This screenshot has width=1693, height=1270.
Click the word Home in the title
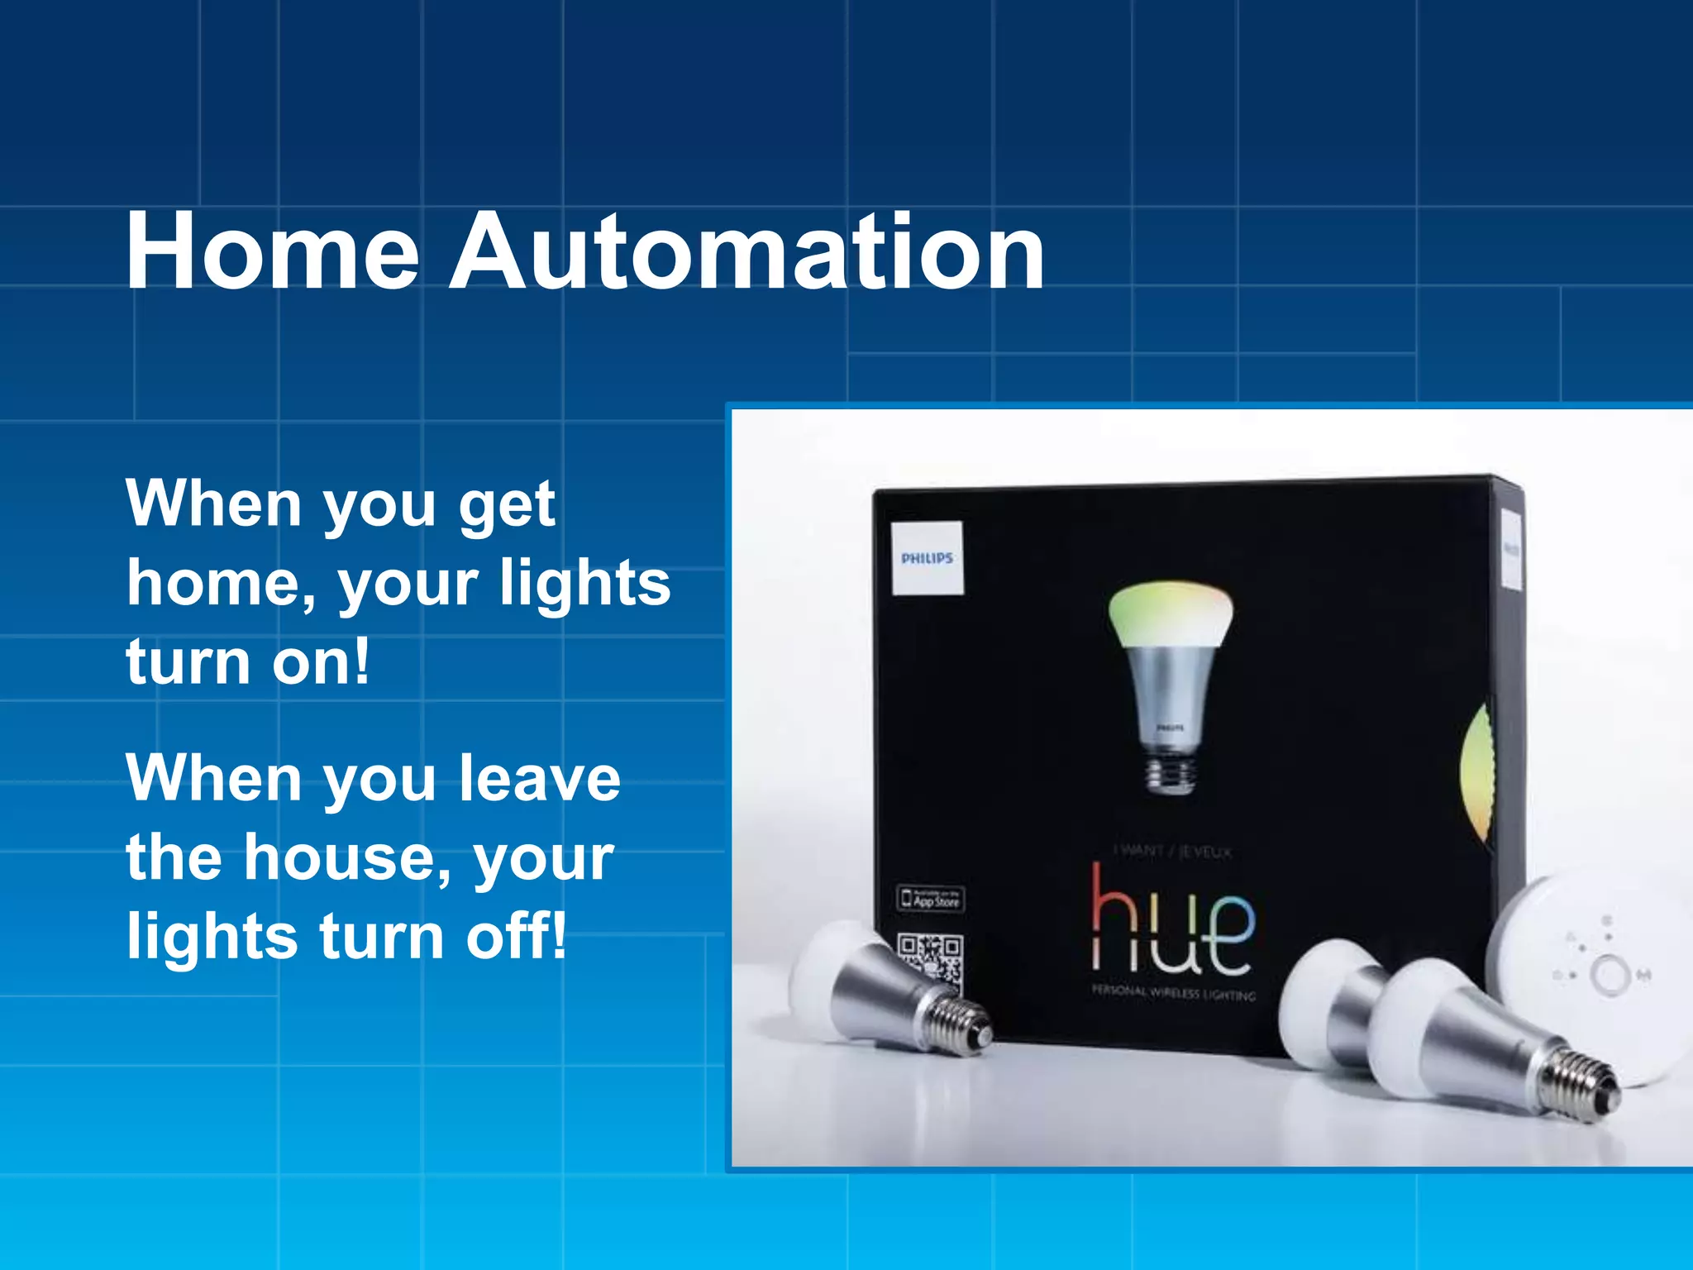pos(273,252)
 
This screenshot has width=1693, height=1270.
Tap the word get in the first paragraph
pos(507,506)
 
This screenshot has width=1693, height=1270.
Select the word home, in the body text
pos(222,584)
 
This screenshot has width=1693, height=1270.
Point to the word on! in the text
pos(321,663)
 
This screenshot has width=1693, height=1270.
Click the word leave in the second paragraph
pos(539,779)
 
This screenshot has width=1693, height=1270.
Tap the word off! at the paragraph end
pos(517,936)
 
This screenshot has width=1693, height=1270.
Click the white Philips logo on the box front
pos(928,558)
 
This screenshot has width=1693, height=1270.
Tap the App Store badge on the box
pos(931,899)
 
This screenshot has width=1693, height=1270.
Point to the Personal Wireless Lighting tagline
pos(1173,993)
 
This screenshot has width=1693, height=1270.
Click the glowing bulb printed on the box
pos(1170,678)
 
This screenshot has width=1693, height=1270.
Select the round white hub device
pos(1591,976)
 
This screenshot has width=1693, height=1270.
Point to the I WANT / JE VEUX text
pos(1172,852)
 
